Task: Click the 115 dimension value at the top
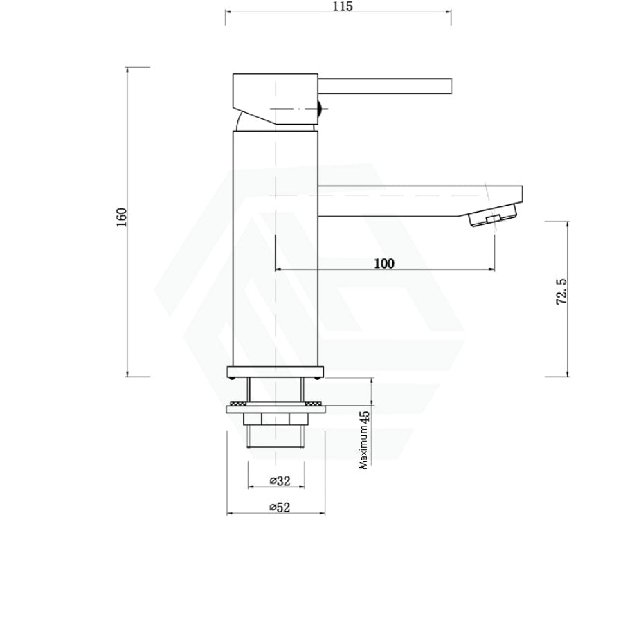click(343, 6)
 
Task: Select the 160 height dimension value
click(121, 217)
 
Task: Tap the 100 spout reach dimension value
click(384, 263)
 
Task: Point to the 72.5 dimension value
click(562, 291)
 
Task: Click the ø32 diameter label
click(280, 481)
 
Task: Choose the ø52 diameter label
click(280, 507)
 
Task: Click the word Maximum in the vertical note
click(364, 447)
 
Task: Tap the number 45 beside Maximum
click(364, 417)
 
